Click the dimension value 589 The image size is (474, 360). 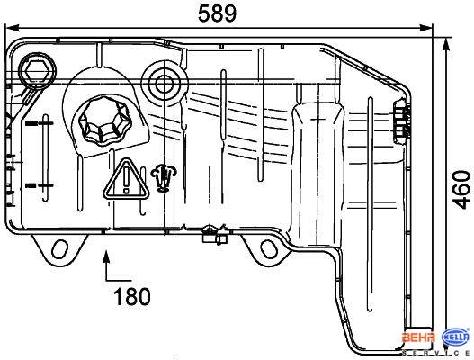click(217, 13)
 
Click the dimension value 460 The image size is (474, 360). click(461, 190)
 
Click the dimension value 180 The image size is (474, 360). click(132, 296)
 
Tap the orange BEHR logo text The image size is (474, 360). click(418, 337)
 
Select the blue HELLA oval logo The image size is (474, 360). click(456, 337)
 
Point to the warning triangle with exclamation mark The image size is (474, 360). click(126, 179)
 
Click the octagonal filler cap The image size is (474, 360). click(103, 120)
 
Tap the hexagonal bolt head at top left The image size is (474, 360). click(37, 71)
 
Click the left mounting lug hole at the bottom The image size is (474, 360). click(59, 249)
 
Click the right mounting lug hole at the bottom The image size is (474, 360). click(268, 249)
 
